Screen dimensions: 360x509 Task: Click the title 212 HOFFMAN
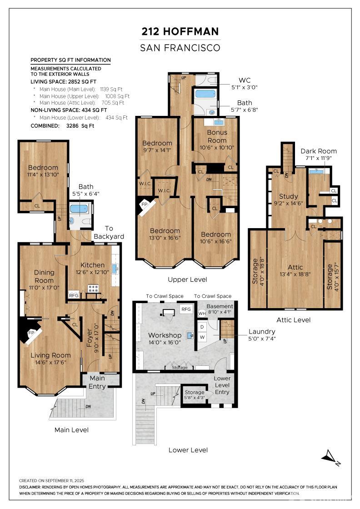tap(180, 31)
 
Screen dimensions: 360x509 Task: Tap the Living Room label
tap(50, 355)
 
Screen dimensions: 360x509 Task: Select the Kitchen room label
tap(93, 265)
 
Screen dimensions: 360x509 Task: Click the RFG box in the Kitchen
tap(74, 295)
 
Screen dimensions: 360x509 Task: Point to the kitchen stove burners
tap(94, 288)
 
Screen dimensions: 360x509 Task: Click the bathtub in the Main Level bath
tap(79, 209)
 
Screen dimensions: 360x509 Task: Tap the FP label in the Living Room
tap(31, 333)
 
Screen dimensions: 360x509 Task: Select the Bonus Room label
tap(217, 136)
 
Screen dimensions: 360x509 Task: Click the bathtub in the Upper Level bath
tap(205, 94)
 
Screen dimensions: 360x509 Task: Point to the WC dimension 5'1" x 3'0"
tap(245, 87)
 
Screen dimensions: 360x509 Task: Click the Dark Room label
tap(319, 151)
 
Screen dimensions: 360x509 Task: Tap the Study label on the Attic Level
tap(288, 196)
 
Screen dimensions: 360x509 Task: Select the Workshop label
tap(165, 335)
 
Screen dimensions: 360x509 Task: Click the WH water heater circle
tap(202, 313)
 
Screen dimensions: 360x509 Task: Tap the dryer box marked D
tap(202, 327)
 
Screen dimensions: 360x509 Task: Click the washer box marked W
tap(202, 337)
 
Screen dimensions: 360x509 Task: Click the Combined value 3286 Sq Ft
tap(80, 126)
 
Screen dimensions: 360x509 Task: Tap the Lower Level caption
tap(188, 450)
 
